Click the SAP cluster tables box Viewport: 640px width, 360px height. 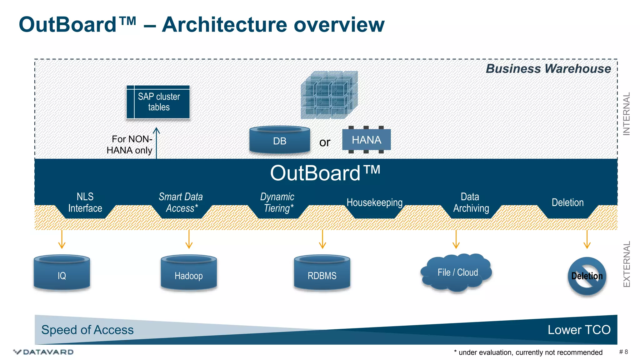tap(158, 102)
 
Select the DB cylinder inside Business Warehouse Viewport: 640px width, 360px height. tap(280, 140)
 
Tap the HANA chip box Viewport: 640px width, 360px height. tap(366, 140)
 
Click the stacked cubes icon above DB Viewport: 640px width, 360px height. tap(329, 95)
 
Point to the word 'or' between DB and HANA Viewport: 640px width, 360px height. tap(325, 142)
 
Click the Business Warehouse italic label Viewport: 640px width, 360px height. tap(548, 69)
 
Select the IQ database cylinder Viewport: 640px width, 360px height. tap(62, 273)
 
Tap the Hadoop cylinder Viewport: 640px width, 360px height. tap(189, 273)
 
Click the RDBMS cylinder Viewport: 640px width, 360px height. tap(322, 273)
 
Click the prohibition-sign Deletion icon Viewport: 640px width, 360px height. tap(587, 276)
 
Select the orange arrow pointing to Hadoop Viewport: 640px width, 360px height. tap(189, 239)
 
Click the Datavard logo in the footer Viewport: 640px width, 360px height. tap(44, 352)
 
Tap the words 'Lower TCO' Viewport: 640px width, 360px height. tap(579, 330)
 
